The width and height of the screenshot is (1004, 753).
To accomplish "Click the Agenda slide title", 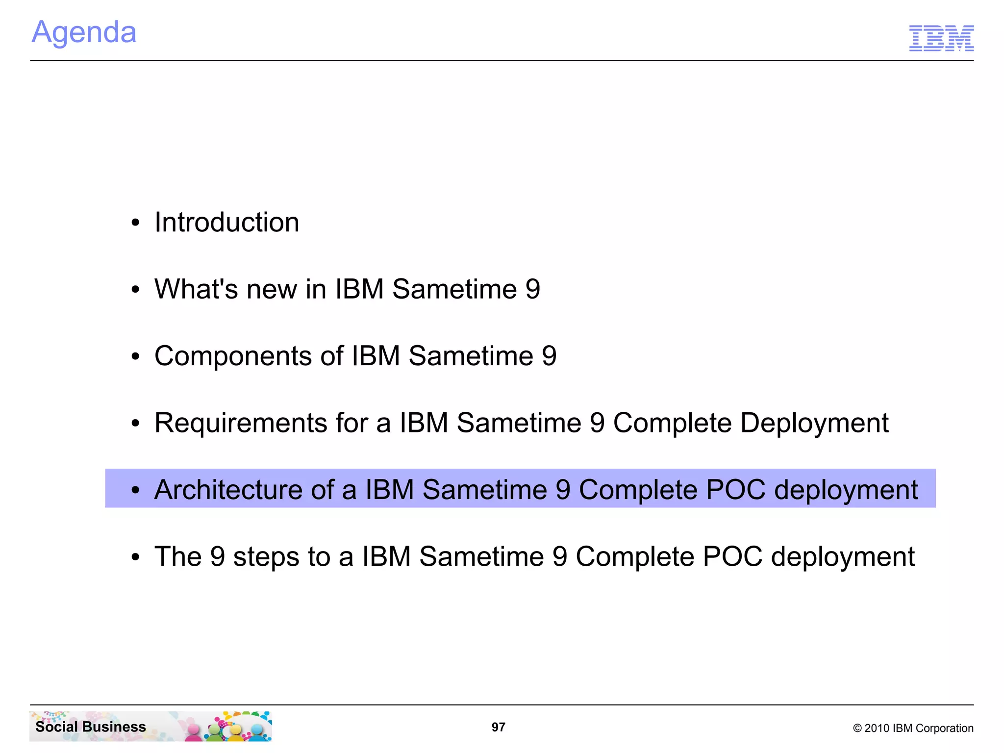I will (x=84, y=32).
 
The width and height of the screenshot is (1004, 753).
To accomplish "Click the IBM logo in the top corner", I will (x=941, y=38).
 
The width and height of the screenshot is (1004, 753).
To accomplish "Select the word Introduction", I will (x=226, y=222).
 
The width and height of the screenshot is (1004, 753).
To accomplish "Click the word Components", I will (x=233, y=356).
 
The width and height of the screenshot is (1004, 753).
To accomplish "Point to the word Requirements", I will (x=240, y=423).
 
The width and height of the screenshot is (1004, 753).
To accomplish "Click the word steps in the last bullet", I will (x=266, y=557).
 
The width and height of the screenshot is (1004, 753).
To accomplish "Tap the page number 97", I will (x=498, y=727).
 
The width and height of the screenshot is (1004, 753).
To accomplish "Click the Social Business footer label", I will (x=91, y=727).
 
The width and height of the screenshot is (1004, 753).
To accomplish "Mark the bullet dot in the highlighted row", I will (x=136, y=490).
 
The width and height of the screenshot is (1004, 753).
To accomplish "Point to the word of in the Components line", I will (x=331, y=356).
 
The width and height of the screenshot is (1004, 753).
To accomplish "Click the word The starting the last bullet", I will (x=178, y=557).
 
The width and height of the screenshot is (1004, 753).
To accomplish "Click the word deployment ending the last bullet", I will (x=842, y=557).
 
